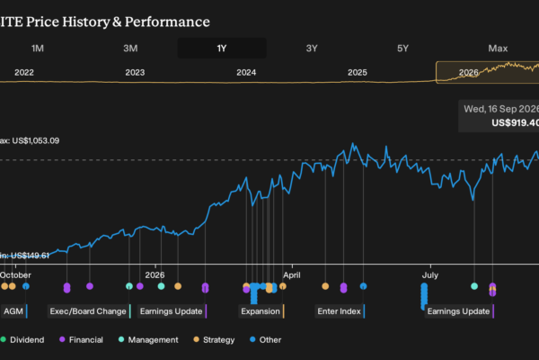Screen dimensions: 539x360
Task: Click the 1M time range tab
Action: [38, 49]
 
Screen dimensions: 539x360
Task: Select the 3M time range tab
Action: [130, 49]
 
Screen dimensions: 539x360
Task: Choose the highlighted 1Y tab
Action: [222, 49]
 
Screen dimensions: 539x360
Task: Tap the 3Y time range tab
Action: [312, 49]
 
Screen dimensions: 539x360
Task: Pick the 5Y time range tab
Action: [402, 49]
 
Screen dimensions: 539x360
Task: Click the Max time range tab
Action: [498, 49]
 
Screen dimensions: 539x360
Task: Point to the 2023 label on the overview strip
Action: [135, 72]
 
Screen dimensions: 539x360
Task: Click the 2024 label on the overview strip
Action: [246, 72]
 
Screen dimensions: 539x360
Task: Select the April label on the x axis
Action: [292, 274]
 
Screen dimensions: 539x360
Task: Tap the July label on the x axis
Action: [430, 274]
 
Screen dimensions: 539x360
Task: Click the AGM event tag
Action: [14, 311]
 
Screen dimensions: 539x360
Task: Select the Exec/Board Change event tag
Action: [89, 311]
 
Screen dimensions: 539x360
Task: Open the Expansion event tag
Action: [261, 311]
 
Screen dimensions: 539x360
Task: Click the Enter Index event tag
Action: [340, 311]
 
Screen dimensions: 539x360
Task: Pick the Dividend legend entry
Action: [22, 340]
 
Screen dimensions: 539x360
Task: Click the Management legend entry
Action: [148, 340]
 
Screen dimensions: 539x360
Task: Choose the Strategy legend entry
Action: [214, 340]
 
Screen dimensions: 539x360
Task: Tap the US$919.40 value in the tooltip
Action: [515, 123]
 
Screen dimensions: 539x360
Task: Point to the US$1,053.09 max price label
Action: [36, 141]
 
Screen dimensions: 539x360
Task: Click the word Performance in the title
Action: [167, 22]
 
